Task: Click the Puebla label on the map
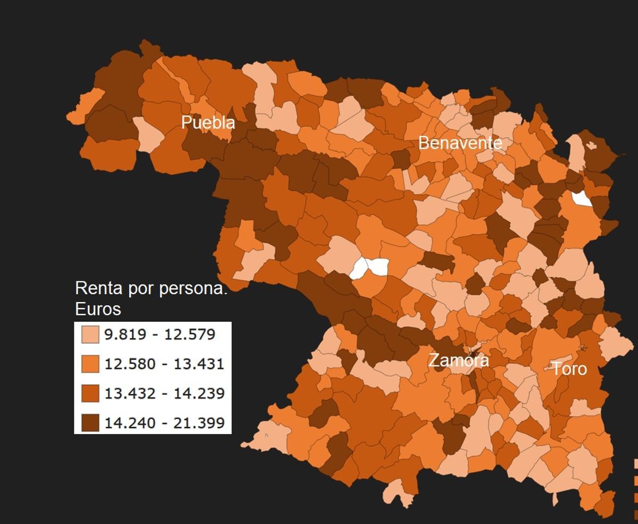click(208, 122)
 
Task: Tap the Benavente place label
click(460, 143)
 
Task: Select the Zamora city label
click(458, 360)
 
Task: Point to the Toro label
click(569, 369)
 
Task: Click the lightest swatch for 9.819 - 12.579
click(90, 335)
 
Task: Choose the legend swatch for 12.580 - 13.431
click(90, 364)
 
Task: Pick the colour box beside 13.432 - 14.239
click(90, 393)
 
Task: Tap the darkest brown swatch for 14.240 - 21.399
click(90, 422)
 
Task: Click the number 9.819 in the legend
click(123, 335)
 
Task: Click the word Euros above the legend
click(98, 309)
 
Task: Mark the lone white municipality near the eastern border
click(581, 198)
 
